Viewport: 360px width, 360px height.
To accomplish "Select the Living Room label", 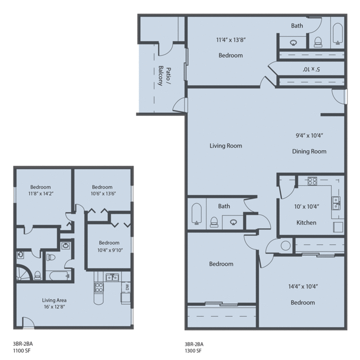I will tap(226, 145).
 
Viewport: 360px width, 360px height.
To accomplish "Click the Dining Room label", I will tap(309, 151).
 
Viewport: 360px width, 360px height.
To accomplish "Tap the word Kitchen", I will tap(306, 222).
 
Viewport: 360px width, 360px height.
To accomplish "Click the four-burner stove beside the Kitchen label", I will tap(312, 181).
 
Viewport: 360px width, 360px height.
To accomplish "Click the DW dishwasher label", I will tap(127, 288).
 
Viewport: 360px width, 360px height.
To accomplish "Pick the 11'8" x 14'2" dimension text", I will tap(40, 194).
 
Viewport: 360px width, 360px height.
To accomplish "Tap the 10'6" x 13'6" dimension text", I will tap(102, 194).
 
